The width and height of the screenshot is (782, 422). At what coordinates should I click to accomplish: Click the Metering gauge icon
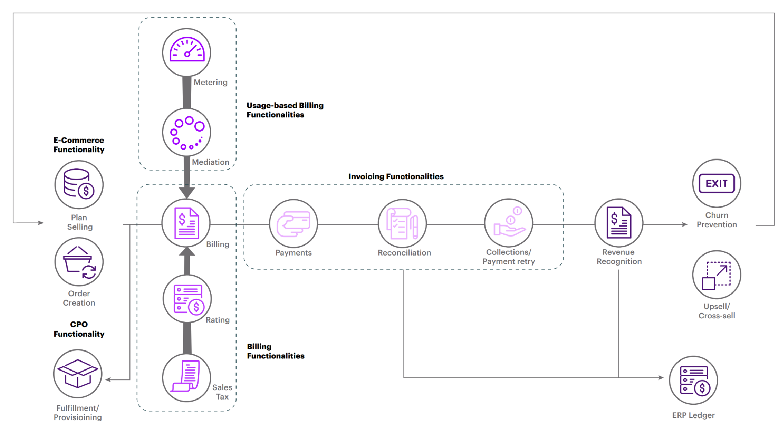point(187,52)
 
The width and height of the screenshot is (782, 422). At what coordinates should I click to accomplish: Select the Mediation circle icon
point(187,132)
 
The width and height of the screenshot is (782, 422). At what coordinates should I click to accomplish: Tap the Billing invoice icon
point(186,223)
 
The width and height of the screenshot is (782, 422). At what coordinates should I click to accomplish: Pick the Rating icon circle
point(187,299)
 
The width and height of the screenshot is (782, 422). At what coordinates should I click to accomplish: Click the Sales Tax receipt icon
point(187,377)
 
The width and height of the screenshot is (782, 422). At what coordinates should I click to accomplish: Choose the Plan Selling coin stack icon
point(79,185)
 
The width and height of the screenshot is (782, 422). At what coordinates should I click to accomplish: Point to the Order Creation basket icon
point(79,262)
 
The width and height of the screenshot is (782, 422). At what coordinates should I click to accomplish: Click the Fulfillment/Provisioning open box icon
point(78,373)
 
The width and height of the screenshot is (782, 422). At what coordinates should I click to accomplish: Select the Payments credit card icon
point(293,223)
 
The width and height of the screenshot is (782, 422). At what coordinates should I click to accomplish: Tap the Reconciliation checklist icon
point(402,223)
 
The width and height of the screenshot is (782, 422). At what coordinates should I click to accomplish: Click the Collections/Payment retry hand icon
point(509,223)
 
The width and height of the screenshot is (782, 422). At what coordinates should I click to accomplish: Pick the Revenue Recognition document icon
point(619,223)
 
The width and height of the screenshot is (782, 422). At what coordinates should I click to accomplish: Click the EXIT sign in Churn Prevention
point(716,184)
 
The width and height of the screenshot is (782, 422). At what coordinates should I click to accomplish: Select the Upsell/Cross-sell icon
point(716,275)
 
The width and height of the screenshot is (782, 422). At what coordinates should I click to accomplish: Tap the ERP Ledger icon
point(694,380)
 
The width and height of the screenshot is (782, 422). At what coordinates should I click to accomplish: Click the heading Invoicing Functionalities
point(396,177)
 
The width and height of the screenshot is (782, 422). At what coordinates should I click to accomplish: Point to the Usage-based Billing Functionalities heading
point(285,110)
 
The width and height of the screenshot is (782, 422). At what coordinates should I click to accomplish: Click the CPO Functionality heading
point(79,329)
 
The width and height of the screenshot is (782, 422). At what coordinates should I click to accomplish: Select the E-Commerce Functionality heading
point(79,145)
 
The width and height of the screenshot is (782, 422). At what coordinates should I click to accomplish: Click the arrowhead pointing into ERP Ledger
point(661,377)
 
